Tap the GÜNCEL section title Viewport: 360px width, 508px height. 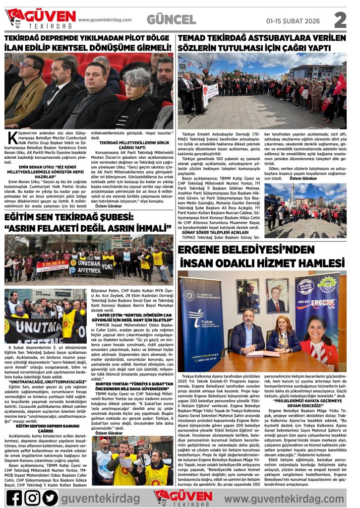172,19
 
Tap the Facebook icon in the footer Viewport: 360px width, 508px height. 14,497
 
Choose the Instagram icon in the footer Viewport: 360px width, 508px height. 32,497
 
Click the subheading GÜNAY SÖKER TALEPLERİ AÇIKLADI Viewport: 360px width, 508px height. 214,232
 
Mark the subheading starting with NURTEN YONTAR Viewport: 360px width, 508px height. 132,384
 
